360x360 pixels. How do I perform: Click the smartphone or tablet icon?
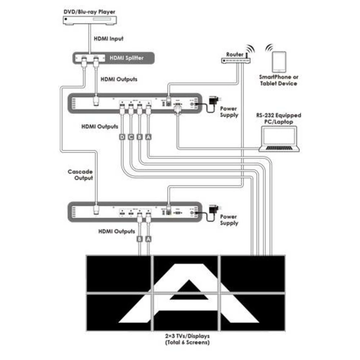pos(279,62)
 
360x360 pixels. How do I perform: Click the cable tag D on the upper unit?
pos(122,137)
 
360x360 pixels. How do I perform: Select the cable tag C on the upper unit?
pos(131,137)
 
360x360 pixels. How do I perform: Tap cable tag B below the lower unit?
pos(139,238)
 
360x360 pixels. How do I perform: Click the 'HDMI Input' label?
pos(108,39)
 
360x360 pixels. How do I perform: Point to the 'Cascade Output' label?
pos(80,175)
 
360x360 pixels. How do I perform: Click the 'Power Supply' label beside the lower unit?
pos(229,220)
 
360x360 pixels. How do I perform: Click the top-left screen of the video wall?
pos(118,274)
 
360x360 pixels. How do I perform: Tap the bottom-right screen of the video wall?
pos(252,312)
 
